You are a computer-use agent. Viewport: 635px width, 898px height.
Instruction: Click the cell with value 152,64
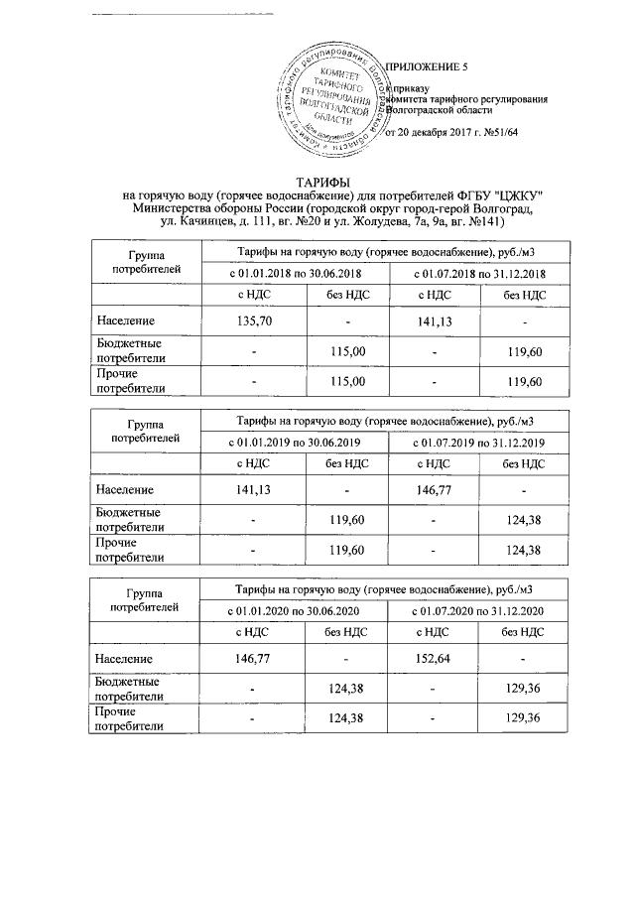[x=437, y=659]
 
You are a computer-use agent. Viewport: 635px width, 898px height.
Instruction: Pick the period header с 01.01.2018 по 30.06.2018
[x=297, y=272]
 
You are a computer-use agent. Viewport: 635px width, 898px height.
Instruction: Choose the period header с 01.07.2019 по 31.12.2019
[x=479, y=440]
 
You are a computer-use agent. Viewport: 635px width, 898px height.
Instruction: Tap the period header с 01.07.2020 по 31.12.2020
[x=479, y=607]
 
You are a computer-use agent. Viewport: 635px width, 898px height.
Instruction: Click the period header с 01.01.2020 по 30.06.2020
[x=297, y=607]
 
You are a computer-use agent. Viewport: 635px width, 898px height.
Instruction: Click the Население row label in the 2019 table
[x=124, y=490]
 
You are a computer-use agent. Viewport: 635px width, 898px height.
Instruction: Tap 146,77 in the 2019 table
[x=437, y=490]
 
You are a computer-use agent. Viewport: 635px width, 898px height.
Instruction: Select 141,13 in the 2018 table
[x=437, y=322]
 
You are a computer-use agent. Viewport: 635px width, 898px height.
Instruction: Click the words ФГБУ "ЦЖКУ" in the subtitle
[x=503, y=195]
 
